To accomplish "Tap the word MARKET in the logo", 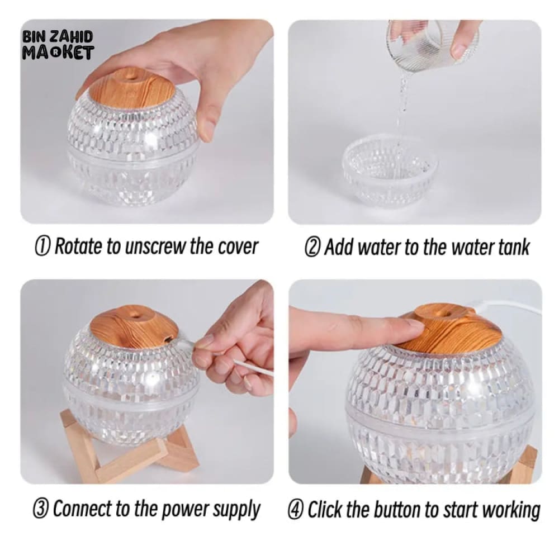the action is coord(58,53).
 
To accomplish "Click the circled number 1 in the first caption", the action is coord(42,246).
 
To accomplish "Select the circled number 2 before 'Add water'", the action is coord(312,247).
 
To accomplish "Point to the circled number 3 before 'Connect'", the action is coord(41,509).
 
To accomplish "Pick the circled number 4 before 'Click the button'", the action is coord(296,509).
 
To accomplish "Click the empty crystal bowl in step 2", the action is coord(390,172).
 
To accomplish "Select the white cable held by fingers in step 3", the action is coord(253,368).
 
